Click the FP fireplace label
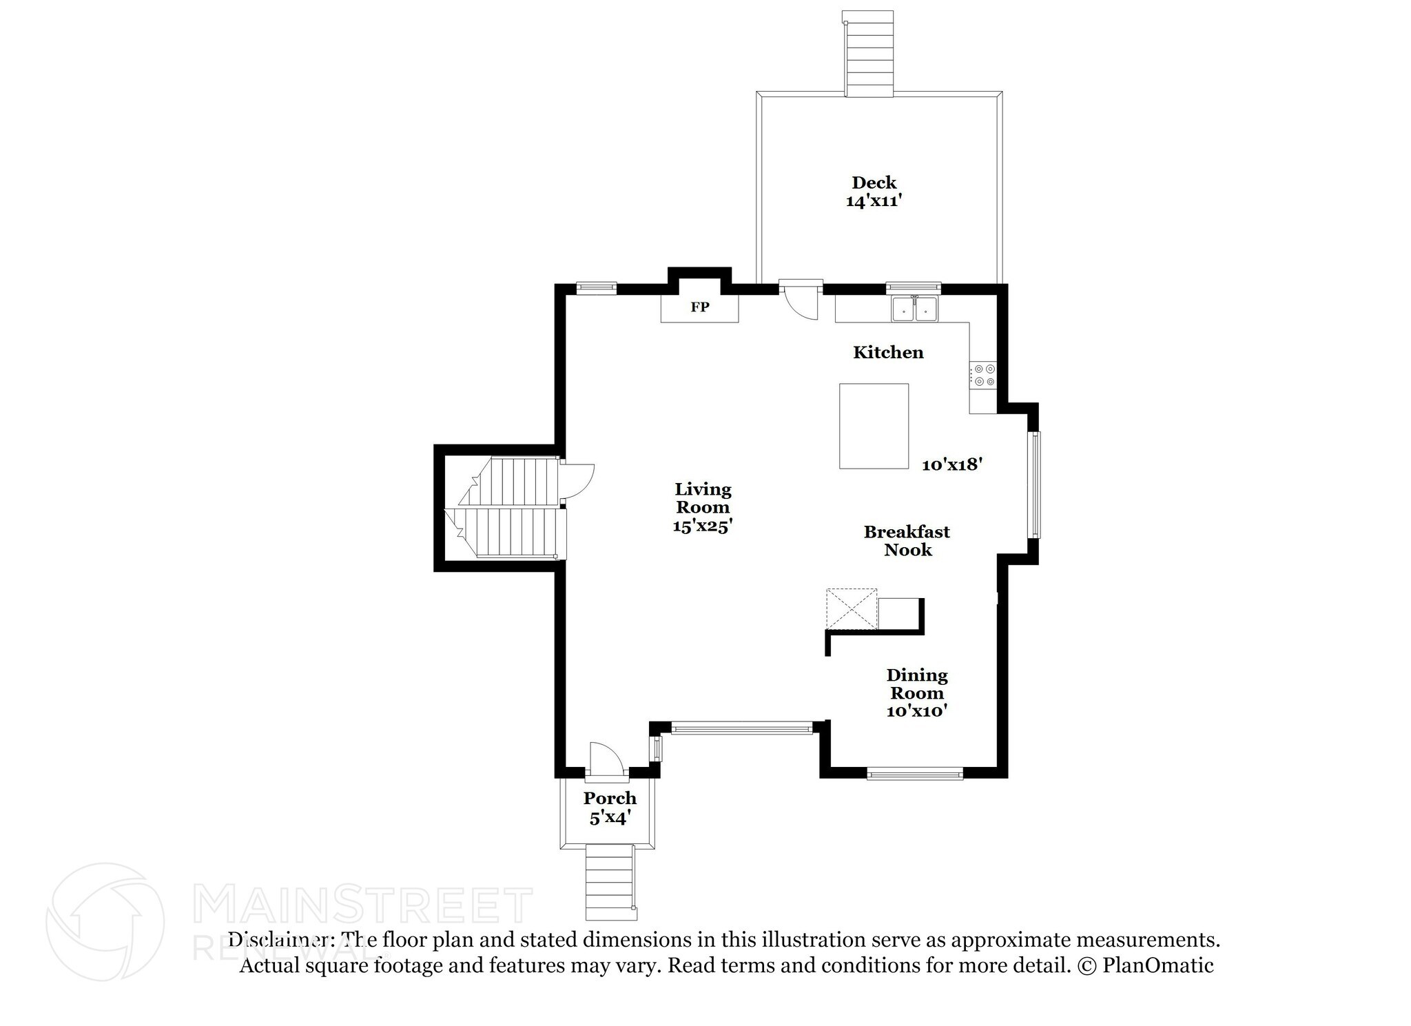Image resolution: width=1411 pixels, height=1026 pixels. pos(700,307)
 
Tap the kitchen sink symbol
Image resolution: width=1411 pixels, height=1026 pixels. pos(915,309)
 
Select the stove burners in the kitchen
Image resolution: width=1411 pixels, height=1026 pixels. pos(983,375)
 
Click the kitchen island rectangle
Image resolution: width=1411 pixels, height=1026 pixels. pos(874,426)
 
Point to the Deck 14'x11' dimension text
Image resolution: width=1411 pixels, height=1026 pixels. pos(874,201)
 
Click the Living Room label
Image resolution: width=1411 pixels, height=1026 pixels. pos(703,498)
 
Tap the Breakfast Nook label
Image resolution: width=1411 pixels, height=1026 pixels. pos(907,541)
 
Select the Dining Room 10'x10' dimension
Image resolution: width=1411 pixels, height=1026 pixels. pos(917,711)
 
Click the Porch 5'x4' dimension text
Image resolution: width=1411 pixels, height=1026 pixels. pos(610,818)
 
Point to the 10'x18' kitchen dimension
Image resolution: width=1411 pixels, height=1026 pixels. pos(951,464)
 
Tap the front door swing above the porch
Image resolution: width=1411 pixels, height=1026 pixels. pos(606,758)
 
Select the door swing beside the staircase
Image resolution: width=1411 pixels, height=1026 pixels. pos(577,481)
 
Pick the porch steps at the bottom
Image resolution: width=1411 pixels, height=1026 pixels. pos(610,883)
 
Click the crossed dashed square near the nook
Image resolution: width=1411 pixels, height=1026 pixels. pos(852,608)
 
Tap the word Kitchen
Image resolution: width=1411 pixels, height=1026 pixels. pos(888,353)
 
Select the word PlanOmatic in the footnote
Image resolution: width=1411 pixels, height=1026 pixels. pos(1158,965)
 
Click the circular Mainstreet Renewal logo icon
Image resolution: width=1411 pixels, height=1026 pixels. pos(105,922)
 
